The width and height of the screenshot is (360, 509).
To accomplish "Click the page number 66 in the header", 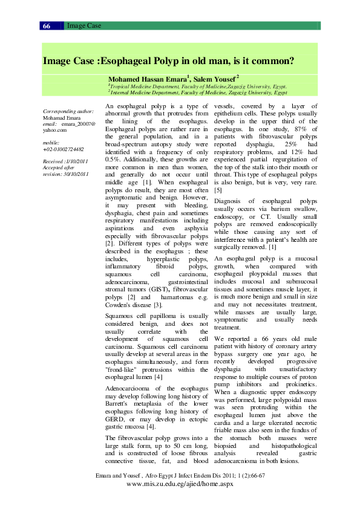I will tap(47, 26).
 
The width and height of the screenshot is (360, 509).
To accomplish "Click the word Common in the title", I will tap(272, 61).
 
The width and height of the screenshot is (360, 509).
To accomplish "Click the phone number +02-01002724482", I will tap(64, 149).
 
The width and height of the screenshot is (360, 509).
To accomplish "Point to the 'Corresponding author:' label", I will tap(68, 112).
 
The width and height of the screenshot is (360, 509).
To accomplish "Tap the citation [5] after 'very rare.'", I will tap(218, 190).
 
